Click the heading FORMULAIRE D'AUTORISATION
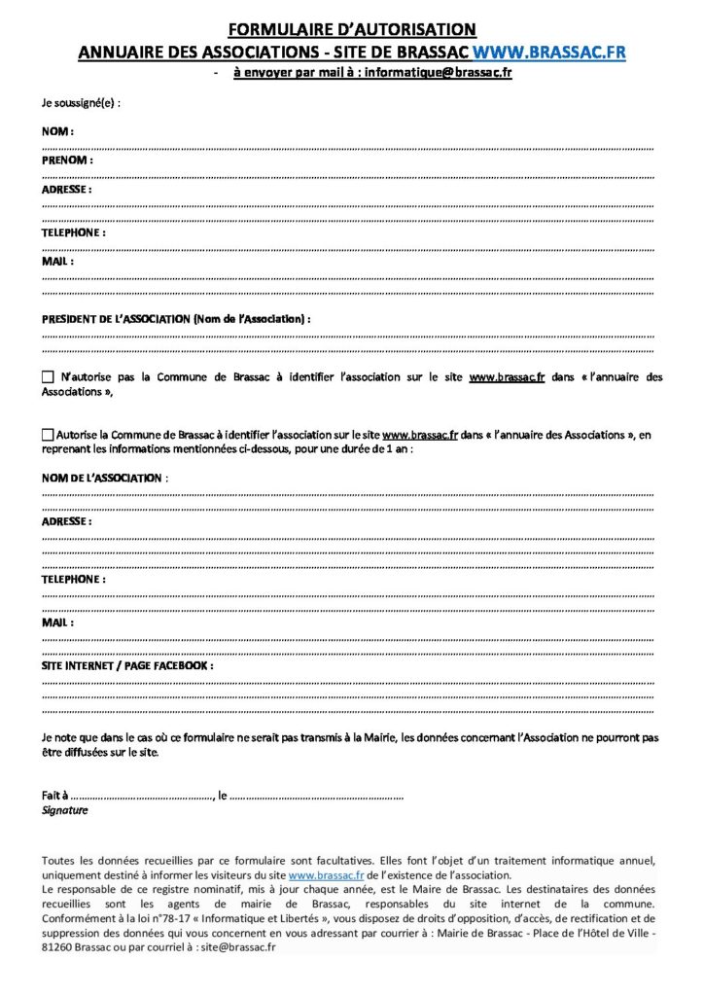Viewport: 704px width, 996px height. point(352,30)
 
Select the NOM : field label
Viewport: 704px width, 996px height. point(58,130)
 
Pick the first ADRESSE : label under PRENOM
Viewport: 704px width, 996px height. point(67,190)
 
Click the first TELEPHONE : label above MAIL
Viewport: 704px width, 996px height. point(74,233)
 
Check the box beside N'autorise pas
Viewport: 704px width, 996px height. point(49,377)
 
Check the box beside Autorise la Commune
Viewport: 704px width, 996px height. point(49,435)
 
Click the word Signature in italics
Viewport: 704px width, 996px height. point(64,810)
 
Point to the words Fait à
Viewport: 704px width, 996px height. point(55,796)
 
